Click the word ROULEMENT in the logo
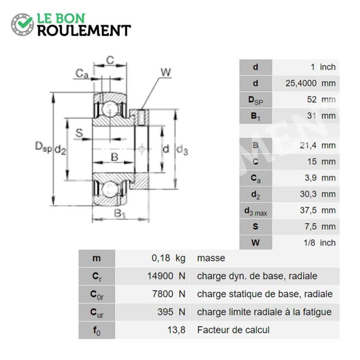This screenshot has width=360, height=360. click(84, 31)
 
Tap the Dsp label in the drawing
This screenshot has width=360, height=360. click(43, 147)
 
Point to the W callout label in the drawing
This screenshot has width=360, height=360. click(166, 72)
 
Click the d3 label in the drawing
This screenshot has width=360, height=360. click(182, 150)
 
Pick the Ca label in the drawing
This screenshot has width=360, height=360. click(82, 74)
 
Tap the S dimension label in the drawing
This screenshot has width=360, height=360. click(79, 133)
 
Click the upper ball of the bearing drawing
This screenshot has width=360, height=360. click(110, 109)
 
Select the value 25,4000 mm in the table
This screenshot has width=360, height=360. click(310, 83)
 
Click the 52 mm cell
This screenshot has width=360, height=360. click(321, 99)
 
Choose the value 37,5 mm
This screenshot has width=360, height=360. click(318, 210)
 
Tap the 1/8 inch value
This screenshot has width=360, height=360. click(319, 243)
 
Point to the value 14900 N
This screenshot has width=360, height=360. click(166, 276)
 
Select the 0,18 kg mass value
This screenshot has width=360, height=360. click(168, 258)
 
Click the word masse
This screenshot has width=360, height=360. click(211, 258)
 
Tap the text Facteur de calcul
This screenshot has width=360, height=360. click(233, 330)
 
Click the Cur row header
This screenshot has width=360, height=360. click(97, 312)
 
